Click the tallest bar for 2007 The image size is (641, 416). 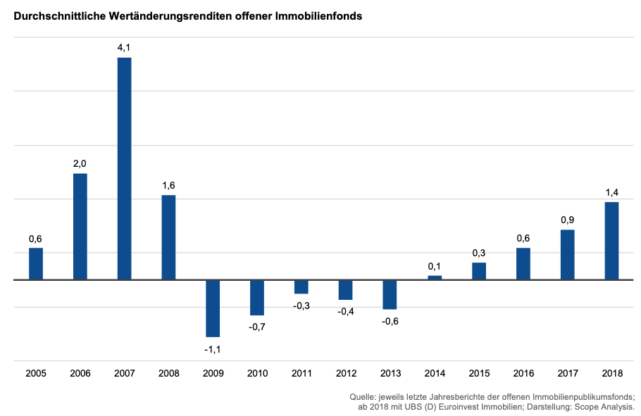pos(124,168)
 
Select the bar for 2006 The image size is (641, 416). pos(80,226)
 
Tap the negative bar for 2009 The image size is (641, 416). pos(213,308)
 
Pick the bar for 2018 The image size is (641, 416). pos(611,241)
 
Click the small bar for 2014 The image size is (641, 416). pos(435,277)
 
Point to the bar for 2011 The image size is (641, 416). pos(301,286)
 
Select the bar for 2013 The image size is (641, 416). pos(390,294)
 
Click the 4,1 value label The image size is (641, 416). pos(124,47)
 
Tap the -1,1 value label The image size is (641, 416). pos(212,348)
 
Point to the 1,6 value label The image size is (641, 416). pos(168,185)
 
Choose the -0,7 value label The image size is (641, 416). pos(256,327)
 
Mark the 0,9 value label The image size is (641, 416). pos(568,220)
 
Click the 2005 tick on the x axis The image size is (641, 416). pos(36,372)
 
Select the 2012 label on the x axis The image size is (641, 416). pos(346,372)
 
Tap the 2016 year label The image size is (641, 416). pos(523,372)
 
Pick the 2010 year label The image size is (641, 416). pos(257,372)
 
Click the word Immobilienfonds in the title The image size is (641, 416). pos(320,15)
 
